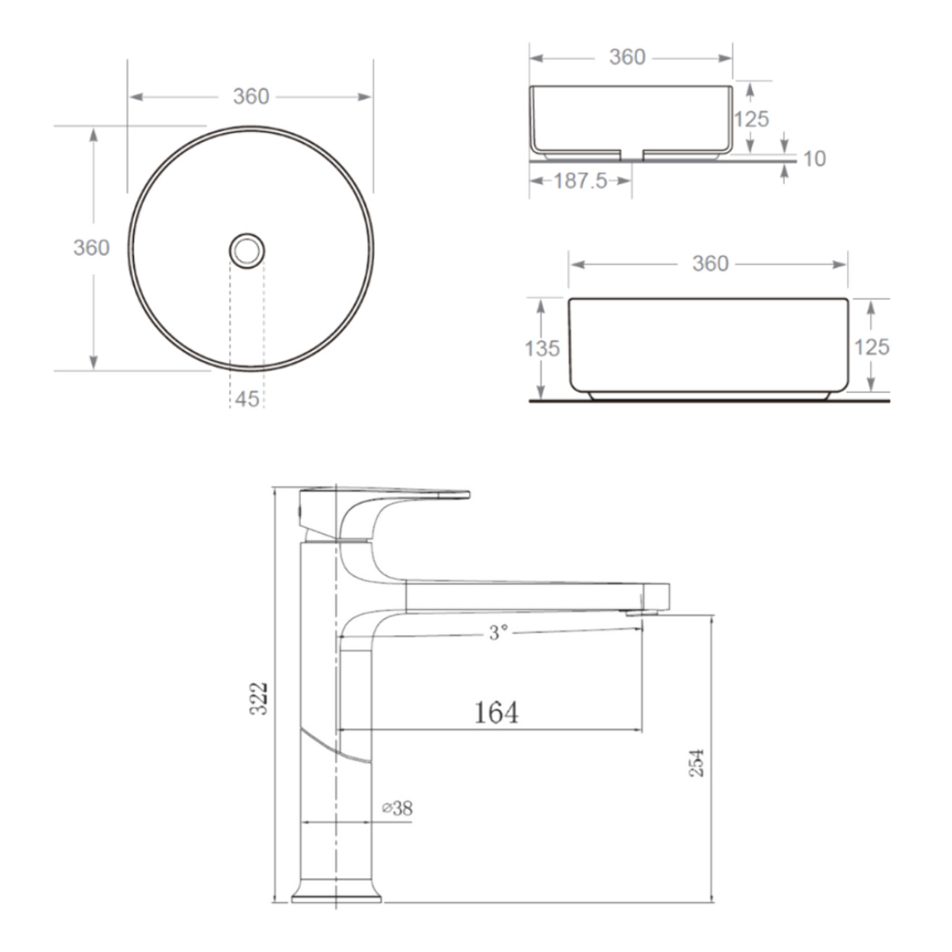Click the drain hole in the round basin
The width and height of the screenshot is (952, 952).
click(247, 251)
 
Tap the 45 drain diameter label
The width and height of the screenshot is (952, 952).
click(247, 400)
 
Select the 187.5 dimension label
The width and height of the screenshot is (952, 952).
click(580, 181)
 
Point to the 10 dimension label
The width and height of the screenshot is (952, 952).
click(815, 159)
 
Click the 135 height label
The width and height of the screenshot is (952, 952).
click(542, 348)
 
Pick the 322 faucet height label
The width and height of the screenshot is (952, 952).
click(258, 698)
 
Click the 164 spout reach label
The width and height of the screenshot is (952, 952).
click(496, 713)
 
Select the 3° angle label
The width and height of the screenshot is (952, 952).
click(498, 632)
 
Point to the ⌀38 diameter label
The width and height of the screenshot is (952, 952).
click(397, 808)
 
